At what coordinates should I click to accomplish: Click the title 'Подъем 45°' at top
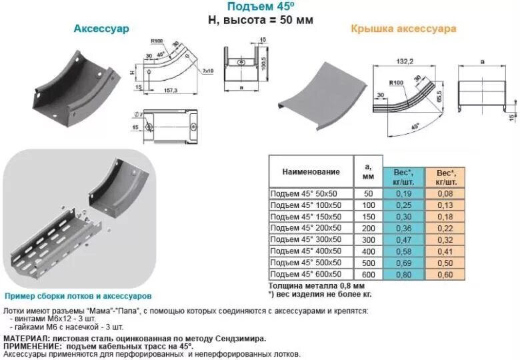coord(260,7)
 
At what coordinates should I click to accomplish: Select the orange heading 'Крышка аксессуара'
coord(403,29)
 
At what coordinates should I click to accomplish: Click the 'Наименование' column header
coord(311,172)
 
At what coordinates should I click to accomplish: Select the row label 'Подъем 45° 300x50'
coord(305,238)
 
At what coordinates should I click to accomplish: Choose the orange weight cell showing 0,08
coord(446,193)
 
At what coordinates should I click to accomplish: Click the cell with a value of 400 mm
coord(368,250)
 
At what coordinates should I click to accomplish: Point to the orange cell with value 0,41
coord(446,250)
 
